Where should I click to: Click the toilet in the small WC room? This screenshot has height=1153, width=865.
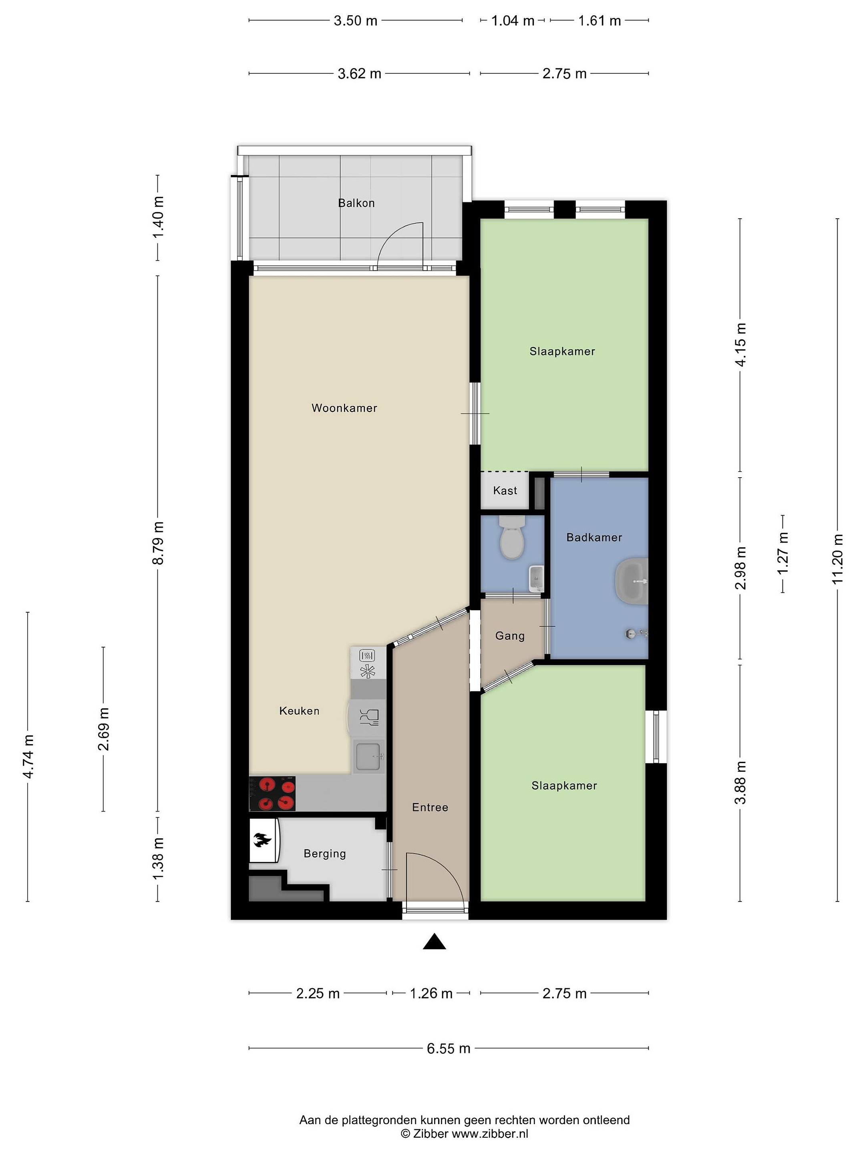(511, 537)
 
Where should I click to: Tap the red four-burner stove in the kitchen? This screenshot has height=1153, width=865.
(272, 793)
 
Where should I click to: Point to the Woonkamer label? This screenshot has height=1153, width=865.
(344, 408)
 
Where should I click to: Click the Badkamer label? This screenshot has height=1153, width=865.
(594, 537)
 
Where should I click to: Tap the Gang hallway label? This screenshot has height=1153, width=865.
(509, 636)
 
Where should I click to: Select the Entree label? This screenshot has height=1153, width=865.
(430, 808)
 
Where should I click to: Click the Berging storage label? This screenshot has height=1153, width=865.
(324, 854)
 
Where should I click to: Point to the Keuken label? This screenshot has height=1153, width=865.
(299, 711)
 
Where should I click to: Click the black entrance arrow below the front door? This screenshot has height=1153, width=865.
(435, 942)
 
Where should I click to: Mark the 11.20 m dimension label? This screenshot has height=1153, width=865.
(837, 559)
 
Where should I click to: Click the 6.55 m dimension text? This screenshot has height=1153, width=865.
(449, 1048)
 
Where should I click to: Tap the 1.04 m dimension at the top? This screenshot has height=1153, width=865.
(513, 21)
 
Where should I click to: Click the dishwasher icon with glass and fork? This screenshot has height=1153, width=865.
(369, 718)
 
